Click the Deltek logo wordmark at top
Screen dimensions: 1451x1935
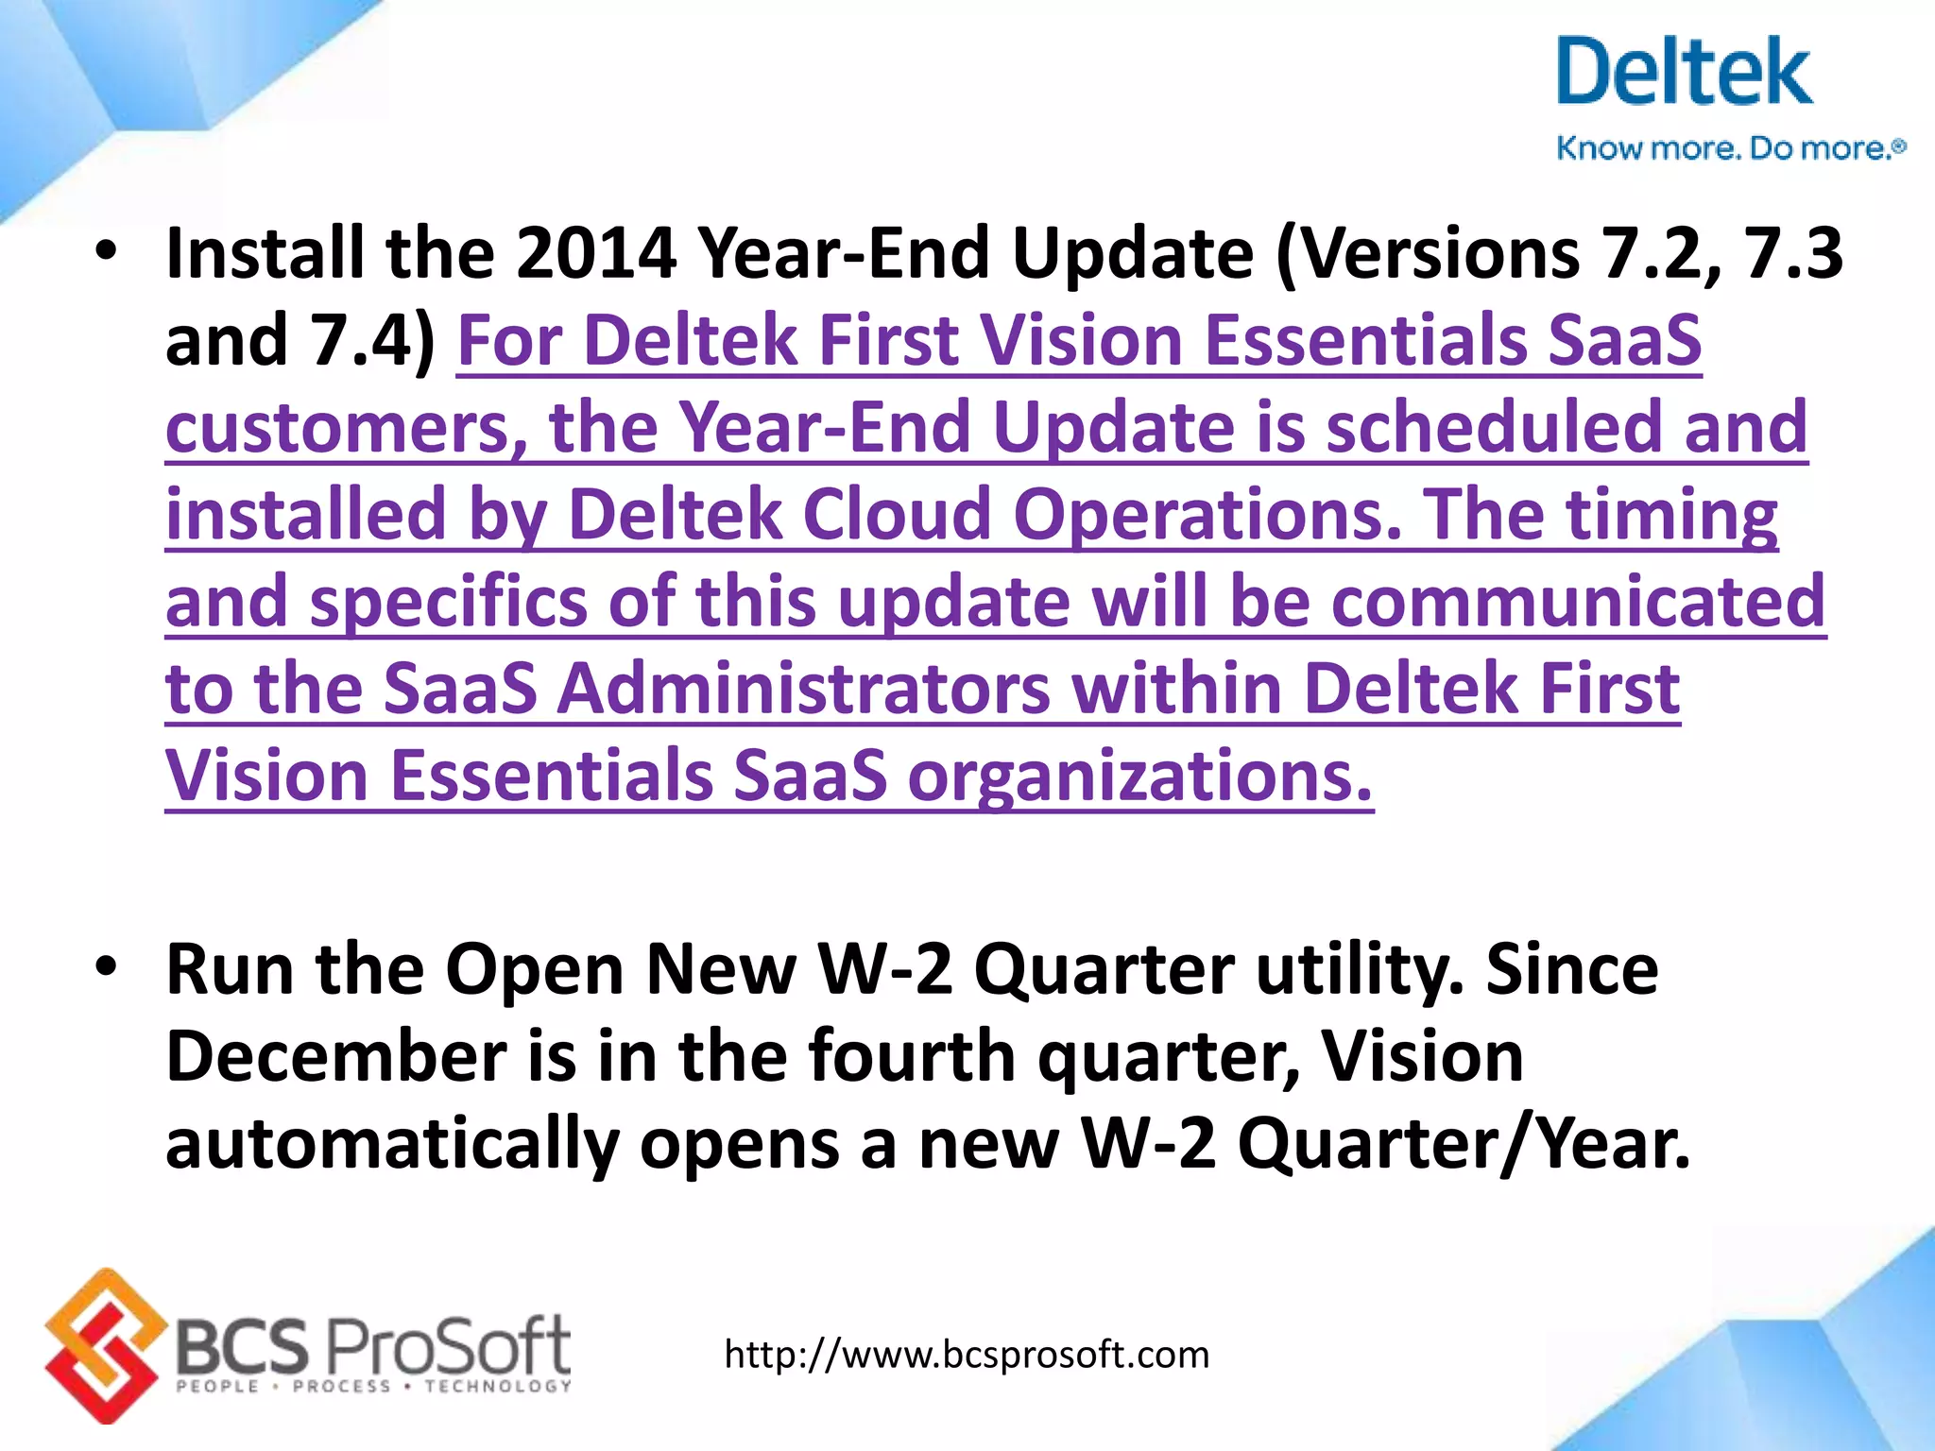(x=1684, y=72)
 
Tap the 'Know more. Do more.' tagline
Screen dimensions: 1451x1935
(x=1729, y=148)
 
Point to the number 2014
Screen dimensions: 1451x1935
(x=595, y=253)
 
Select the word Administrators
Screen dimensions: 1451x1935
(x=803, y=689)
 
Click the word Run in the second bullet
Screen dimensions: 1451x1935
(x=231, y=969)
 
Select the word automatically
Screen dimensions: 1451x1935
(x=392, y=1144)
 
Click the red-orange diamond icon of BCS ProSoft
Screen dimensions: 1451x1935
(x=102, y=1345)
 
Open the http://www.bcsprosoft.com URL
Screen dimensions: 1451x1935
(x=967, y=1355)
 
